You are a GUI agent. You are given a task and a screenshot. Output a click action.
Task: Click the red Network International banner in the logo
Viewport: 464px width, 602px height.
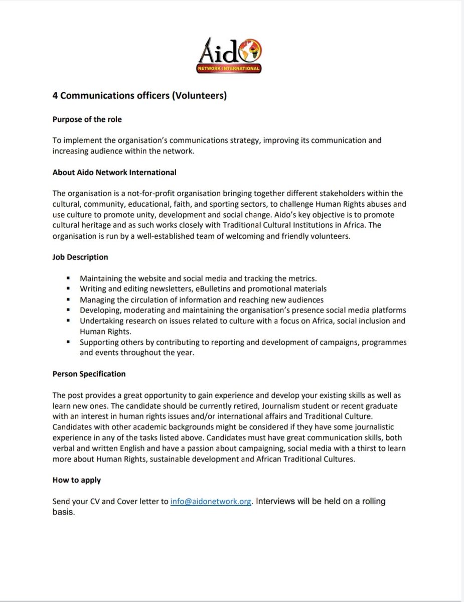click(232, 68)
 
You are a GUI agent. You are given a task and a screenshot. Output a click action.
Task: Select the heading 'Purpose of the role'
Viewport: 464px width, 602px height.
click(87, 119)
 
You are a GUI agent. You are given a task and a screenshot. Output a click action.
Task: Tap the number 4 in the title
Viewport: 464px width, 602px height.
click(55, 95)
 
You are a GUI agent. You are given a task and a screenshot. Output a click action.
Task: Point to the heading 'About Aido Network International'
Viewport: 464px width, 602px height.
click(114, 172)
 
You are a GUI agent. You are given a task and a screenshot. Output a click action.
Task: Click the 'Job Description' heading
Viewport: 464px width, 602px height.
click(80, 257)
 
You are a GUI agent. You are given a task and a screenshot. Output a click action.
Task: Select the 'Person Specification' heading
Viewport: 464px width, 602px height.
click(89, 374)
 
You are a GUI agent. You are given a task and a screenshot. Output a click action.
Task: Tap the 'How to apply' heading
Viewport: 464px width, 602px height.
click(77, 480)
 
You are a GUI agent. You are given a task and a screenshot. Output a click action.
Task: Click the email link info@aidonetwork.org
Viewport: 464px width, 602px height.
click(210, 502)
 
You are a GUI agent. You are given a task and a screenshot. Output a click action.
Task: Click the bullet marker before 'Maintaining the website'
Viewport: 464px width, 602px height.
click(68, 278)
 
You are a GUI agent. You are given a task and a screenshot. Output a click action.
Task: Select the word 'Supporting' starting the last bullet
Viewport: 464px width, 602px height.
click(98, 342)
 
